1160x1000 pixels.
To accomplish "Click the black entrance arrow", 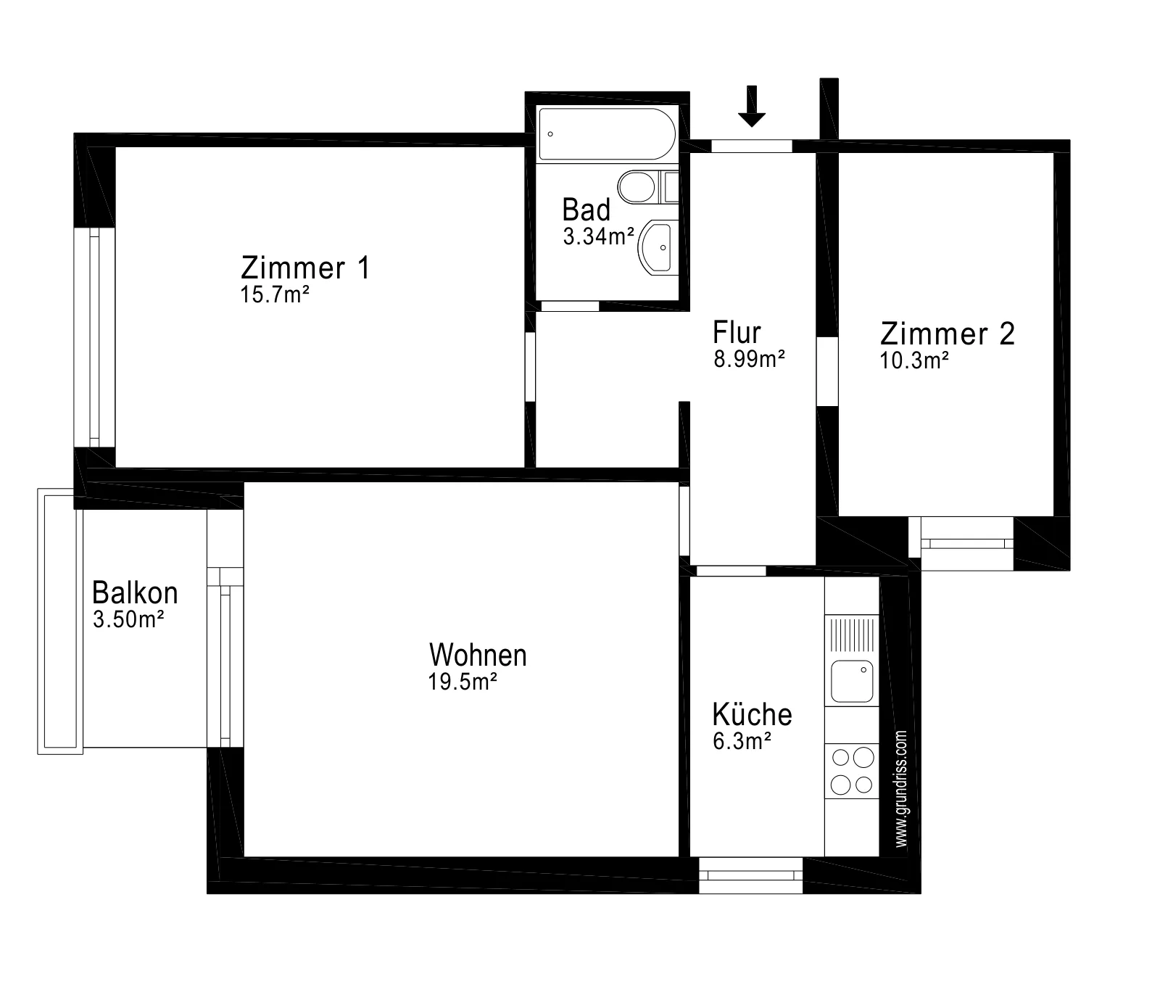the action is (752, 106).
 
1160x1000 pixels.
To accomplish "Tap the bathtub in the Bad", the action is (608, 134).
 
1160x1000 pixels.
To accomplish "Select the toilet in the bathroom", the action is (648, 187).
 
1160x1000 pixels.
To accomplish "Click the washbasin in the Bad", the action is (658, 247).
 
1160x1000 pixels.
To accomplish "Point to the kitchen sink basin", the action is (852, 681).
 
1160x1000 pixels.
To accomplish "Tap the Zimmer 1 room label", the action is (305, 268).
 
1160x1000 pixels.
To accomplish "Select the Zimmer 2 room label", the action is (948, 334).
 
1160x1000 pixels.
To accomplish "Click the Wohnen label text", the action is (478, 655).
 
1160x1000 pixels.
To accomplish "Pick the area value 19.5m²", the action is (463, 682).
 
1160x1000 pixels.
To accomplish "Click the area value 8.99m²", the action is (750, 360).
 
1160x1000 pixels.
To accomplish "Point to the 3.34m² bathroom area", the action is (599, 236).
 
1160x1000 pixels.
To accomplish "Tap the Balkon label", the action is (135, 592).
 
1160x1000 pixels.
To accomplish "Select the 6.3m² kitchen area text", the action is (742, 742).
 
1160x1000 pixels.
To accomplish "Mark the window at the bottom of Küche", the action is (751, 875).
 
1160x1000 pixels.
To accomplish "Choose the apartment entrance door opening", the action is (752, 146).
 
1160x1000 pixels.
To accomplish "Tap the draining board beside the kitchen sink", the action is (852, 634).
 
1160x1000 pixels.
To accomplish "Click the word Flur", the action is (737, 332).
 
